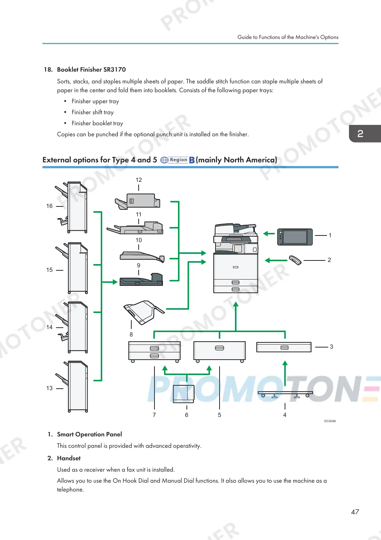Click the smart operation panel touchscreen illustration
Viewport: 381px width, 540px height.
[x=295, y=237]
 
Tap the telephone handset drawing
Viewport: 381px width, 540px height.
[x=295, y=260]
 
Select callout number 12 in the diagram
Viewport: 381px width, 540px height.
[x=139, y=180]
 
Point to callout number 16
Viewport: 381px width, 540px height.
[x=49, y=206]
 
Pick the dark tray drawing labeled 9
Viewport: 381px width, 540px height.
[x=142, y=280]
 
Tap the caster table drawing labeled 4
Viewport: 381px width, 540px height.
[x=285, y=394]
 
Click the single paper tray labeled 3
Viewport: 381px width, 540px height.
[x=284, y=347]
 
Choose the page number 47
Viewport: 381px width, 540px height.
[x=355, y=512]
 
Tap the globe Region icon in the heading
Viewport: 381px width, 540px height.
[x=164, y=160]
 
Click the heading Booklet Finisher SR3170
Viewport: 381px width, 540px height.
[x=91, y=69]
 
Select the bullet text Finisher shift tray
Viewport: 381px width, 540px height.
[x=93, y=112]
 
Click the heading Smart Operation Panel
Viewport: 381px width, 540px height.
[x=89, y=434]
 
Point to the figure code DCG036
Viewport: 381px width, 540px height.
[x=330, y=421]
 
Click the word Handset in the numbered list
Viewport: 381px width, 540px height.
[x=69, y=458]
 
